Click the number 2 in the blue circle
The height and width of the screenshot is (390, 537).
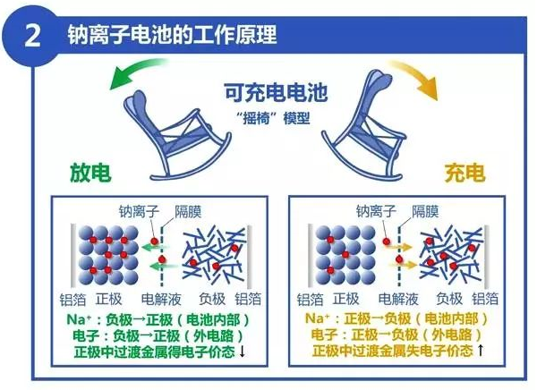[32, 36]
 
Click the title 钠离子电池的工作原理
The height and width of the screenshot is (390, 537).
[172, 34]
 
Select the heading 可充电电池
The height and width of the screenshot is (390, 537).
[276, 93]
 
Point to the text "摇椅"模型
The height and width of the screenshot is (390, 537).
[273, 118]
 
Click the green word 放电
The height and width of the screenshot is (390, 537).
[90, 172]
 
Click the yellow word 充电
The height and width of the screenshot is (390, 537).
[465, 173]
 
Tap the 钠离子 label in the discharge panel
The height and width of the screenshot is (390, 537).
[139, 211]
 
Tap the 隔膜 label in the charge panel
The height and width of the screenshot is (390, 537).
[425, 211]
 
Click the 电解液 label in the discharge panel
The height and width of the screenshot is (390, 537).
[161, 300]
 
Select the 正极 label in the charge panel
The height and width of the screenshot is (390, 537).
[345, 299]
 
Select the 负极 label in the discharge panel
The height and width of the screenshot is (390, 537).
[212, 299]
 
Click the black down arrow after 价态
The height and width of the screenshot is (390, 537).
[243, 352]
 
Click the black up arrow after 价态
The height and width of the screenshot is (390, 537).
[480, 351]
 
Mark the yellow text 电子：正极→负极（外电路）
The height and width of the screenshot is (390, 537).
[396, 335]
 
